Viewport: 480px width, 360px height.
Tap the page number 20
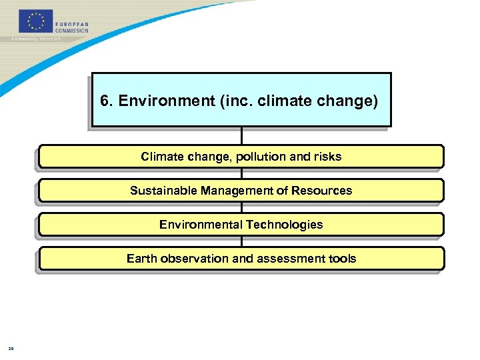click(11, 347)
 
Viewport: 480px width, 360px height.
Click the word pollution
click(263, 157)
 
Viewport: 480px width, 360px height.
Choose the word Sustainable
click(157, 191)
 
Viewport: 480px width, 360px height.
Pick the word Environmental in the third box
click(201, 225)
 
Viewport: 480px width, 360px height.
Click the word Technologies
click(285, 225)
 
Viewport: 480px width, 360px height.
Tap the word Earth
click(141, 259)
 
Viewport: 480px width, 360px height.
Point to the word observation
click(193, 259)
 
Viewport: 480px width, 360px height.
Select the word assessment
click(288, 259)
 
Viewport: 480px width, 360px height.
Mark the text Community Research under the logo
click(37, 39)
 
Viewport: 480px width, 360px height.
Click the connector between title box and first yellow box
click(241, 135)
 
